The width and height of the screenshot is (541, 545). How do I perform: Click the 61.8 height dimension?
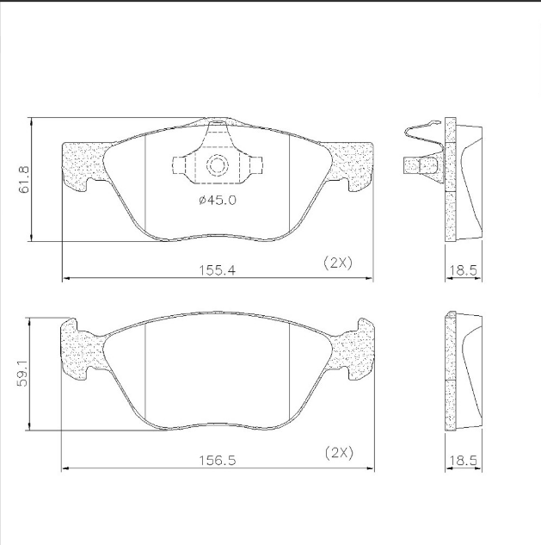[x=25, y=179]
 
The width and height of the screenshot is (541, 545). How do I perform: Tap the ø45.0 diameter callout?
[x=218, y=201]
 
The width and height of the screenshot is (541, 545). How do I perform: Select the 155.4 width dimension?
[x=217, y=270]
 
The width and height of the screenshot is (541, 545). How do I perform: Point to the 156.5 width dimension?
[x=218, y=461]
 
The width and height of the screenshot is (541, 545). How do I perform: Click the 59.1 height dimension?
[x=23, y=374]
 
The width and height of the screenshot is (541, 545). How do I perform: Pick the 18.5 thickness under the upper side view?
[x=464, y=270]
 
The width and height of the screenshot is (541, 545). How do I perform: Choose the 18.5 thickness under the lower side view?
[x=464, y=461]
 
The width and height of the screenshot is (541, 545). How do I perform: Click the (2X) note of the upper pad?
[x=338, y=263]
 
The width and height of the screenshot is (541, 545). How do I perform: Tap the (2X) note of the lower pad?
[x=339, y=453]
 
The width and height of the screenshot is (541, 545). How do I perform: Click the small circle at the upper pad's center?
[x=217, y=165]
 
